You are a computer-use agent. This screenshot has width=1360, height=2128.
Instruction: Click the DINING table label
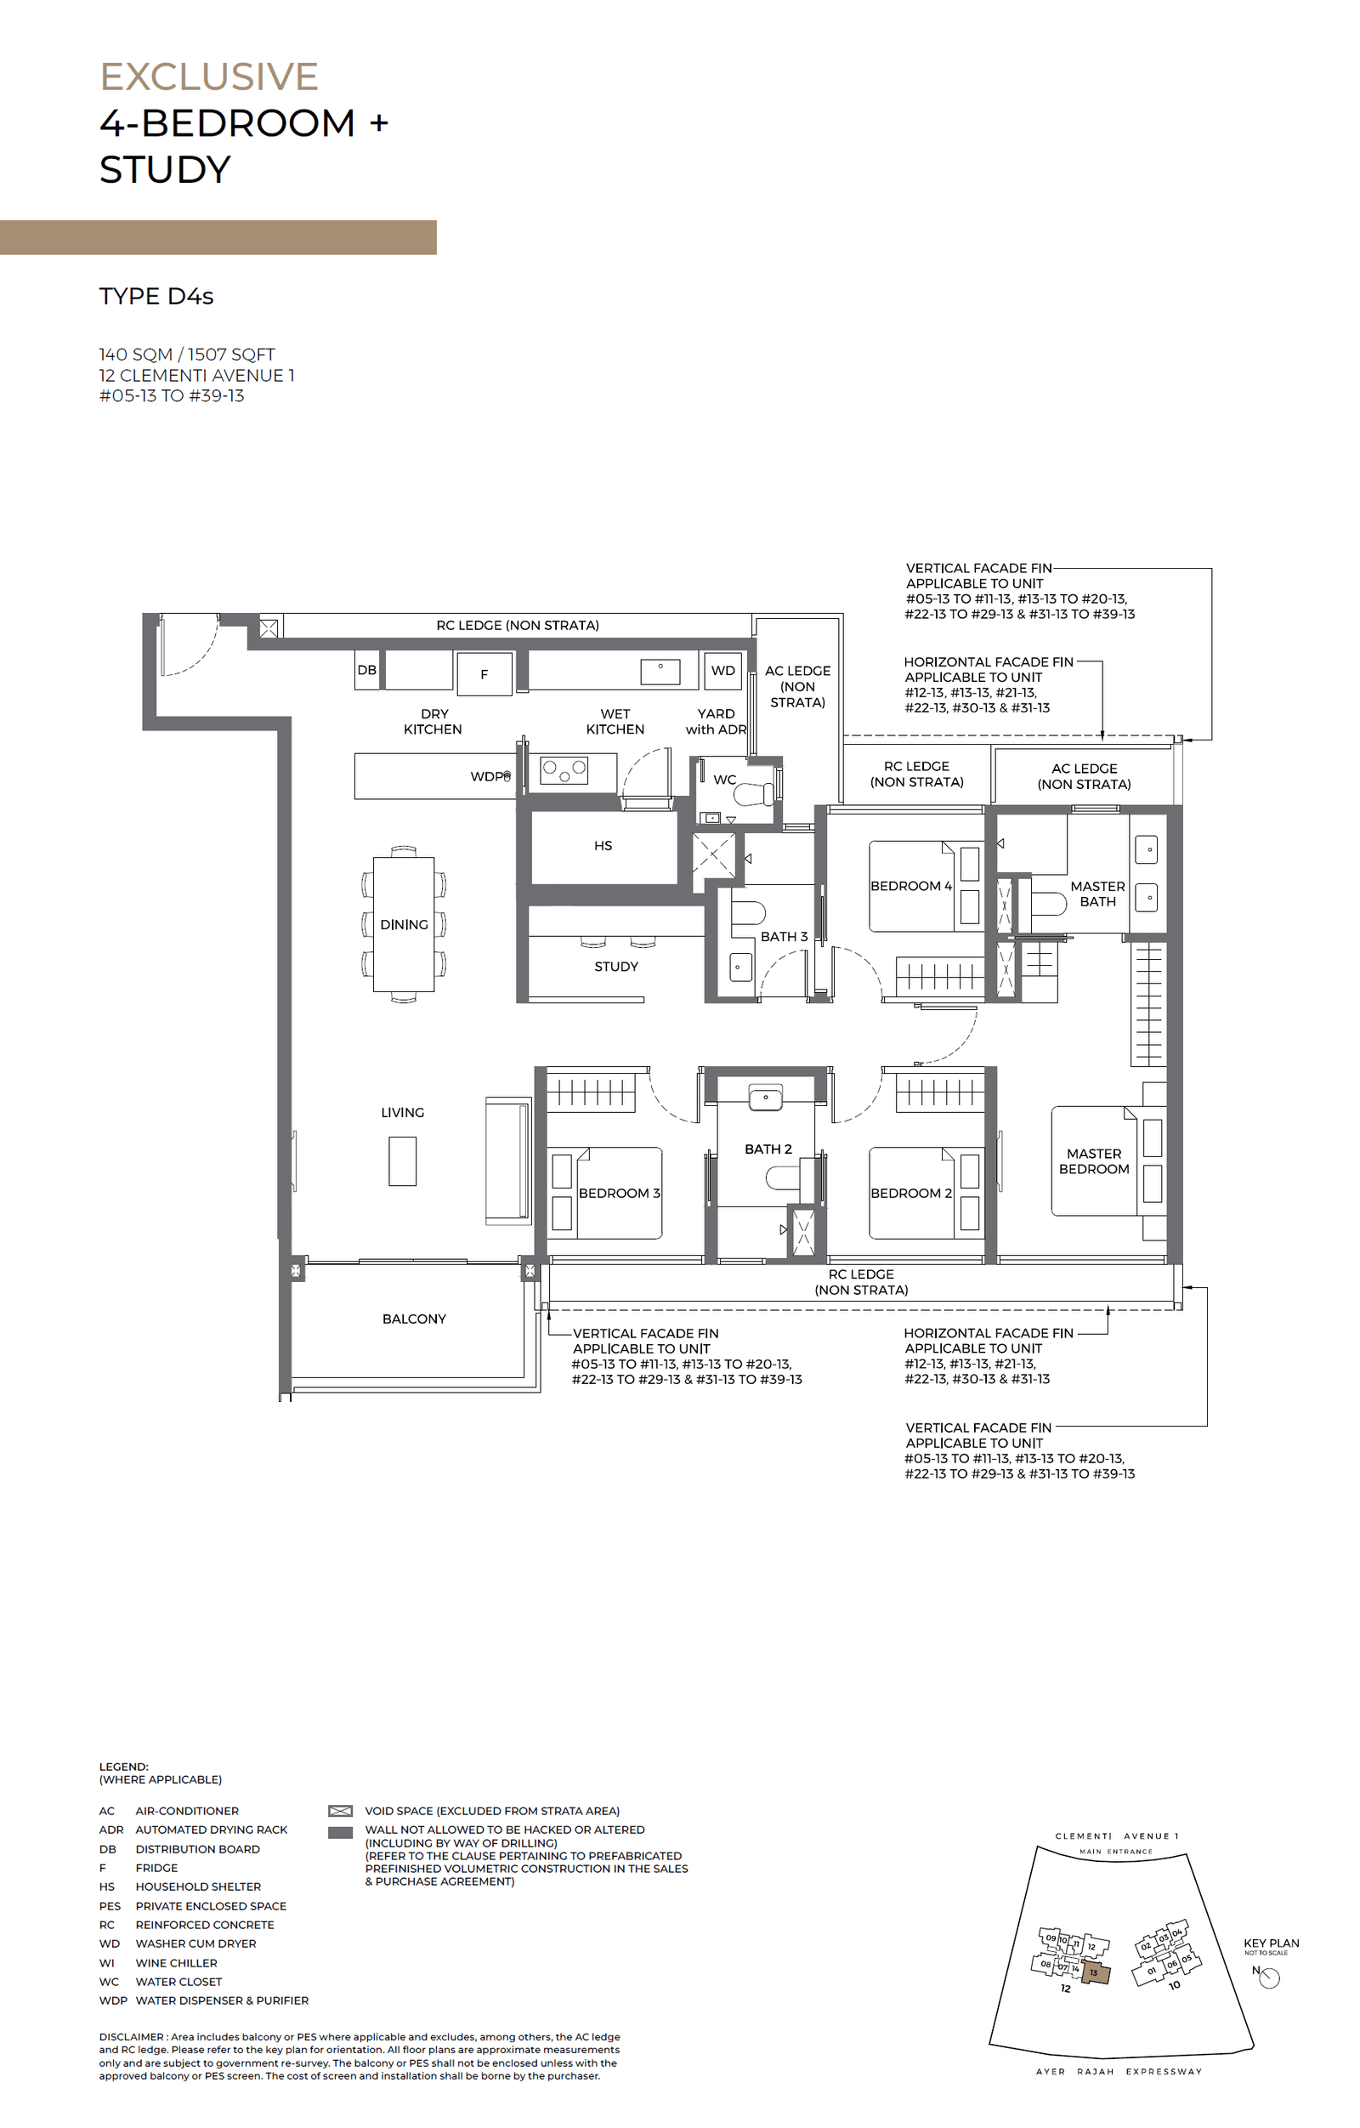pyautogui.click(x=404, y=924)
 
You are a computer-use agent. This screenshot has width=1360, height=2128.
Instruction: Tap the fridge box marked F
pyautogui.click(x=484, y=674)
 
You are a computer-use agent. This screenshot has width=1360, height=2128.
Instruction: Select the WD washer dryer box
pyautogui.click(x=722, y=671)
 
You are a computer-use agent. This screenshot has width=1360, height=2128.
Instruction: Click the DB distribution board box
pyautogui.click(x=366, y=671)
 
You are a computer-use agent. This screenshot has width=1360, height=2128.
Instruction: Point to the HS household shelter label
pyautogui.click(x=603, y=846)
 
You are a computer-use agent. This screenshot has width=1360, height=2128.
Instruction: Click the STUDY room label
pyautogui.click(x=616, y=967)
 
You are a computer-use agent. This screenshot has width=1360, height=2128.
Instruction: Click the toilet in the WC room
pyautogui.click(x=753, y=793)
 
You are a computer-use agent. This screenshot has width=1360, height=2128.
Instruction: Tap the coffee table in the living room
pyautogui.click(x=402, y=1160)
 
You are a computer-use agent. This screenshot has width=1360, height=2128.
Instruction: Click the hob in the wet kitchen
pyautogui.click(x=564, y=770)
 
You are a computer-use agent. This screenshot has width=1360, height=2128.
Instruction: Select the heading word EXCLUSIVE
pyautogui.click(x=208, y=77)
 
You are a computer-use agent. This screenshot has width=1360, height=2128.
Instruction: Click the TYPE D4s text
pyautogui.click(x=156, y=296)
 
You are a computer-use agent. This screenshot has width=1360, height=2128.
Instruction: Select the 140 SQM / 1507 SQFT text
pyautogui.click(x=186, y=355)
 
